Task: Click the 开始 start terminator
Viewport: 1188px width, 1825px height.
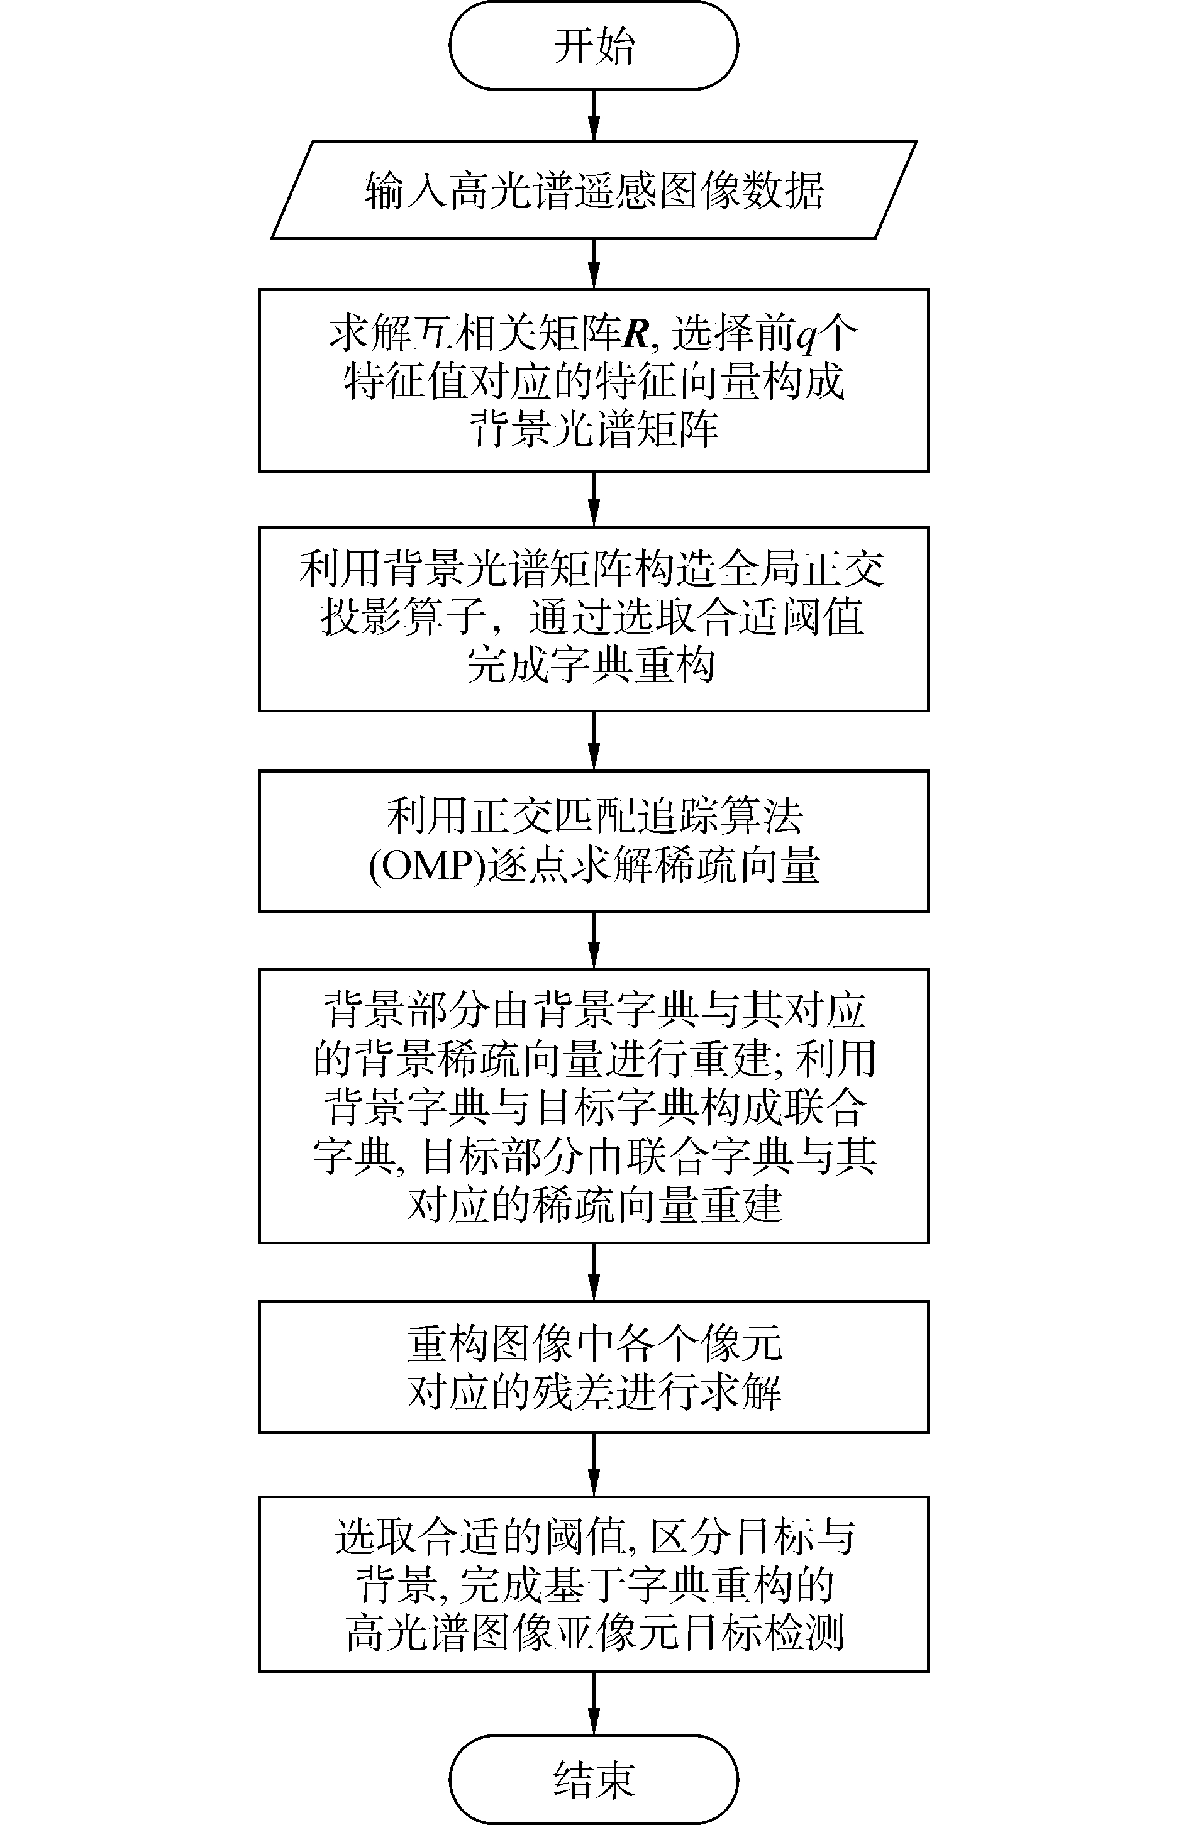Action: point(593,45)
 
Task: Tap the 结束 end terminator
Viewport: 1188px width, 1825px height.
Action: point(593,1779)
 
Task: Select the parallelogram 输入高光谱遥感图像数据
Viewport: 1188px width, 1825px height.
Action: point(593,190)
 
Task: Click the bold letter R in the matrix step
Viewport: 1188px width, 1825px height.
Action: point(636,334)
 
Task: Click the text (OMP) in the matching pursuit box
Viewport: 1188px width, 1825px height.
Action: point(428,866)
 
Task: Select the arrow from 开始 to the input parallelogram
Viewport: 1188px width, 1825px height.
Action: point(594,115)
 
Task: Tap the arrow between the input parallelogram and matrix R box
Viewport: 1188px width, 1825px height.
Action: point(594,264)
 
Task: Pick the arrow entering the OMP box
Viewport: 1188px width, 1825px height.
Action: point(594,741)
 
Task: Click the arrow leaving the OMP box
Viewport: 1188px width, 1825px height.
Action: point(594,941)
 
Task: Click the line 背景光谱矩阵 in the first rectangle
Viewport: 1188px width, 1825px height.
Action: point(593,429)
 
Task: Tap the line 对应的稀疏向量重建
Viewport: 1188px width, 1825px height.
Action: point(593,1205)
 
